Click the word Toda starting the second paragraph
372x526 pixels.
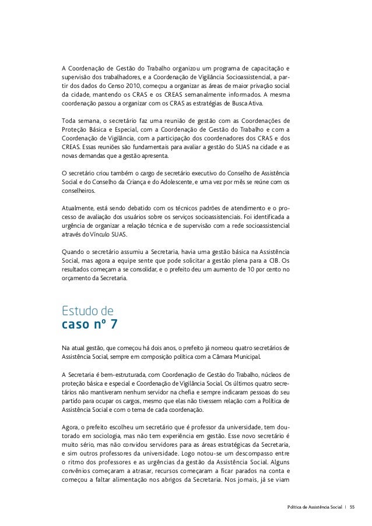pyautogui.click(x=69, y=120)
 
